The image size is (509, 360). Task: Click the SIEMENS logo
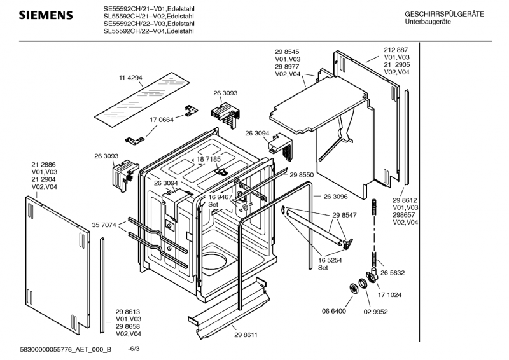(x=46, y=15)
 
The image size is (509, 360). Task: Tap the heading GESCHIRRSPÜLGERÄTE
(x=444, y=14)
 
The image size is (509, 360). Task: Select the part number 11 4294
(x=130, y=78)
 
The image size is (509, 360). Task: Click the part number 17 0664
(x=162, y=120)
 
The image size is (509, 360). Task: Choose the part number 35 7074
(x=104, y=225)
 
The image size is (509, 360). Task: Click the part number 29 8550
(x=302, y=175)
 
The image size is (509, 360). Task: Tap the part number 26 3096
(x=335, y=197)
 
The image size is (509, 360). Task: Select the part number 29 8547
(x=344, y=215)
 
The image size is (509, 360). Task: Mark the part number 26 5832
(x=393, y=273)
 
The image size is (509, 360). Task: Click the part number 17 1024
(x=389, y=294)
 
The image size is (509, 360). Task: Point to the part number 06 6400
(x=333, y=311)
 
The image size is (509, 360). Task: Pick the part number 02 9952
(x=375, y=312)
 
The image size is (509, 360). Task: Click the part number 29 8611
(x=246, y=335)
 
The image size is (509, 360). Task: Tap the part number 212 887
(x=396, y=50)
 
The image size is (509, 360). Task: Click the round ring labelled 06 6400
(x=353, y=289)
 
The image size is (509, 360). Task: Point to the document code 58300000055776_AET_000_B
(x=66, y=349)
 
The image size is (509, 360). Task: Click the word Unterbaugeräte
(x=428, y=22)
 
